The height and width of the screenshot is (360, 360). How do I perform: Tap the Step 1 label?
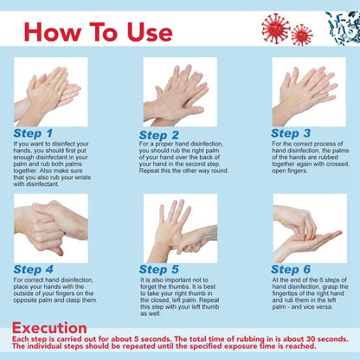point(33,133)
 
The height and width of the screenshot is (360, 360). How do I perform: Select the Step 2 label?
point(159,135)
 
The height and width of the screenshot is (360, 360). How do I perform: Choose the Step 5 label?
point(159,269)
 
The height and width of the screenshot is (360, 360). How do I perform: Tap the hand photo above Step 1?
point(50,92)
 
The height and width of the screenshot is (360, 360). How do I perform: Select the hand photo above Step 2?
point(179,92)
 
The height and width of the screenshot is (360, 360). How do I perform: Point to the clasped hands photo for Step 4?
point(50,228)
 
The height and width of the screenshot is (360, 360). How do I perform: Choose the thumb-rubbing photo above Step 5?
point(179,228)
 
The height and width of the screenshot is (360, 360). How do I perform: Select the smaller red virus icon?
point(302,35)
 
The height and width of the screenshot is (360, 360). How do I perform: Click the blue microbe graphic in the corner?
point(344,26)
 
